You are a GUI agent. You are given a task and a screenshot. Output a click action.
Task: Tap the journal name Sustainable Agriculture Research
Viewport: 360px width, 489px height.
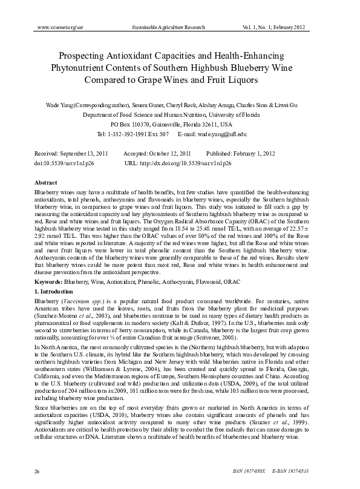click(x=171, y=28)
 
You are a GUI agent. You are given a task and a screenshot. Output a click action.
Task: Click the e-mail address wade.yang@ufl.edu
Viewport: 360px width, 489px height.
click(x=224, y=133)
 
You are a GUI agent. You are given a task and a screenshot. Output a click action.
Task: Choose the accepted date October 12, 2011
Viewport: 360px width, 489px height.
click(x=168, y=153)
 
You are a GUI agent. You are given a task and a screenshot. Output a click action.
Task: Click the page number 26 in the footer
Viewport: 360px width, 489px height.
click(x=37, y=470)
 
